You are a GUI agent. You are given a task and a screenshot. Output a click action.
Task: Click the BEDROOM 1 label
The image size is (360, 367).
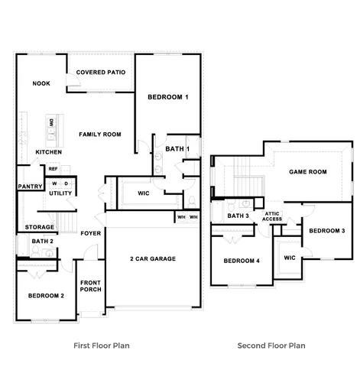click(167, 98)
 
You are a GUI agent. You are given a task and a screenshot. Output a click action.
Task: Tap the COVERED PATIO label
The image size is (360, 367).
click(101, 73)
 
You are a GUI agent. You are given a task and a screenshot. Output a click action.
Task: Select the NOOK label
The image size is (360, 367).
click(41, 83)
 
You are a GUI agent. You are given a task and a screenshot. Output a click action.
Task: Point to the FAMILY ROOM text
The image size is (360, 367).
click(100, 135)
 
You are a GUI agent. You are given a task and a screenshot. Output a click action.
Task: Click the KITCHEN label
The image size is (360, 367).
click(48, 152)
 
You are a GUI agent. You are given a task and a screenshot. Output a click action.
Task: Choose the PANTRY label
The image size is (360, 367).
click(29, 186)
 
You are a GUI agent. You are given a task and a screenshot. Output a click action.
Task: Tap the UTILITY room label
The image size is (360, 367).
click(60, 193)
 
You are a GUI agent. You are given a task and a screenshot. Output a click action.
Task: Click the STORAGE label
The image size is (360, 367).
click(40, 227)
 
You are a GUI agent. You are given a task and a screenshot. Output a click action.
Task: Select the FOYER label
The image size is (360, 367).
click(91, 233)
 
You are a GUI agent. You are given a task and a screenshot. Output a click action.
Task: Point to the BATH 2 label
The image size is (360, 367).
click(42, 242)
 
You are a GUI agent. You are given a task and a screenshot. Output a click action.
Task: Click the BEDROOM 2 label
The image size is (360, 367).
click(46, 295)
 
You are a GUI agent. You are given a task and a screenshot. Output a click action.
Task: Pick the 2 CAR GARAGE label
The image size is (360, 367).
click(153, 259)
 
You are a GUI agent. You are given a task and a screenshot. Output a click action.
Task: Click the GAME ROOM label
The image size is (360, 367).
click(307, 172)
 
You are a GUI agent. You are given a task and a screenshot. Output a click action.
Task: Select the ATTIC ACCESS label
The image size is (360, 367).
click(272, 216)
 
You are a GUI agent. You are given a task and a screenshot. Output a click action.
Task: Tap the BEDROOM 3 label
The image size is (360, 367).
click(327, 231)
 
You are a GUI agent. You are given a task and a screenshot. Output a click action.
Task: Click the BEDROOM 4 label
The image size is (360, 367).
click(242, 261)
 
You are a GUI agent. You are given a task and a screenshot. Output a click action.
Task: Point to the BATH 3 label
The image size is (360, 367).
click(238, 216)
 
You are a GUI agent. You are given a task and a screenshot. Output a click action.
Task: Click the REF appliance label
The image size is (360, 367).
click(54, 169)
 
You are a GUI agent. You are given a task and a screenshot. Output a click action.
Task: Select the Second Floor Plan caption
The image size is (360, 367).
click(271, 346)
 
